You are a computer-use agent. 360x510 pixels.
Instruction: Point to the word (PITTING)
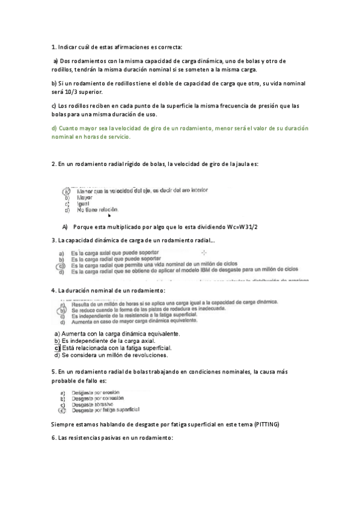click(264, 424)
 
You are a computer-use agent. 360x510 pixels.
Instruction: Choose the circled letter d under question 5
click(62, 411)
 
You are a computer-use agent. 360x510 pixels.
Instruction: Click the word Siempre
click(64, 424)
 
